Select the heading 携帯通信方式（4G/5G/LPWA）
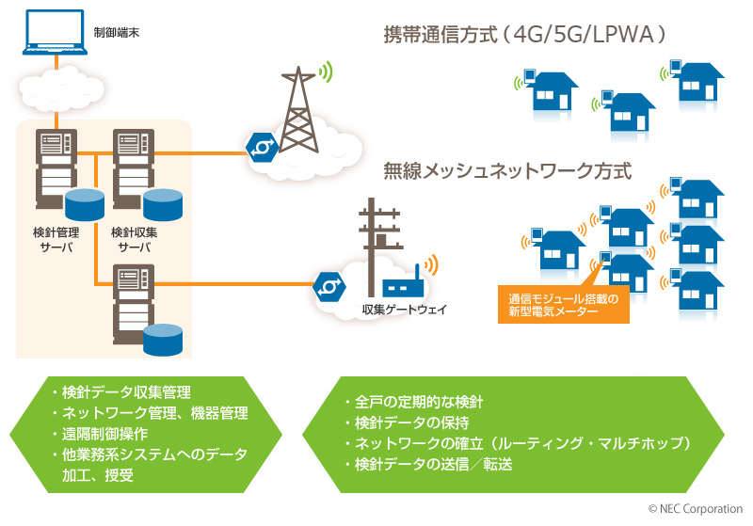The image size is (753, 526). tap(525, 36)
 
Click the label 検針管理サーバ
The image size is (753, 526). tap(56, 239)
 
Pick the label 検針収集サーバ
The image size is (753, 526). tap(135, 239)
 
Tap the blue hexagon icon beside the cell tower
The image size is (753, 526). tap(259, 146)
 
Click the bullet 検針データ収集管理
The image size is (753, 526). tap(120, 392)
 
